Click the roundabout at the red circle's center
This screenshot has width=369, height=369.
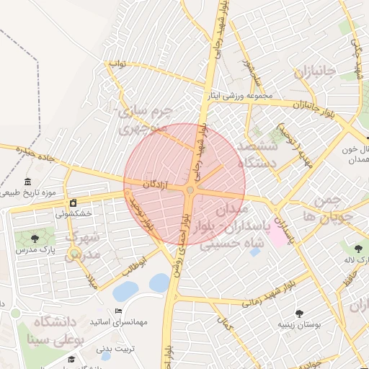[x=190, y=190]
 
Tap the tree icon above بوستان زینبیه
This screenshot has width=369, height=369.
[x=299, y=313]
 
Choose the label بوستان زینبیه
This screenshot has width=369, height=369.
[x=298, y=324]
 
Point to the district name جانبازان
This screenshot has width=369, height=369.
[x=314, y=72]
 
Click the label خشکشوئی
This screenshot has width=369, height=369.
[x=73, y=214]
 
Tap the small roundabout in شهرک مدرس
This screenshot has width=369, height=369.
[x=74, y=253]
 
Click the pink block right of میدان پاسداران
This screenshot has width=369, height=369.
[x=277, y=236]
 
